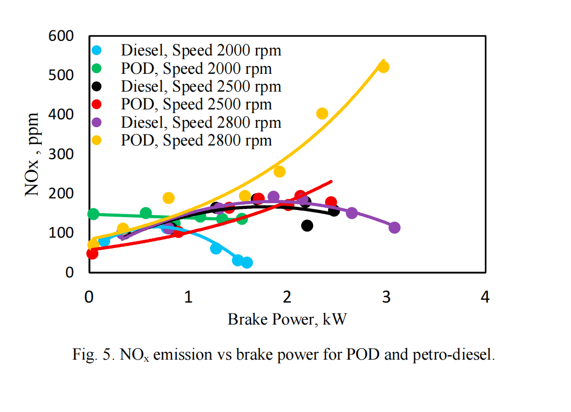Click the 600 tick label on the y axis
click(x=61, y=36)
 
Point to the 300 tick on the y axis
click(x=61, y=154)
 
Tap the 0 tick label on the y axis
click(x=69, y=272)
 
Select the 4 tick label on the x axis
click(x=485, y=297)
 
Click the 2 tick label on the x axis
click(x=287, y=297)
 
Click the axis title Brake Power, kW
click(x=287, y=320)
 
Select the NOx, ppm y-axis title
click(x=32, y=154)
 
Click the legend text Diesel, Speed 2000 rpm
click(x=201, y=50)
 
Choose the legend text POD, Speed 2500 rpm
click(x=196, y=104)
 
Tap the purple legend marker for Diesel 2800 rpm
click(x=97, y=123)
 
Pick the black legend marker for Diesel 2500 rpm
click(x=97, y=86)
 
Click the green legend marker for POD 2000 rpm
click(x=97, y=68)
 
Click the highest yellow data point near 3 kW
click(x=383, y=67)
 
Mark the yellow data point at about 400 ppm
click(x=322, y=114)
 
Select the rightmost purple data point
click(x=394, y=228)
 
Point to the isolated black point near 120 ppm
click(x=307, y=226)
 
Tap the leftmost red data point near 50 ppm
click(x=92, y=253)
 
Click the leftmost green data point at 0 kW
click(x=93, y=214)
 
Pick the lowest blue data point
click(x=247, y=262)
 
